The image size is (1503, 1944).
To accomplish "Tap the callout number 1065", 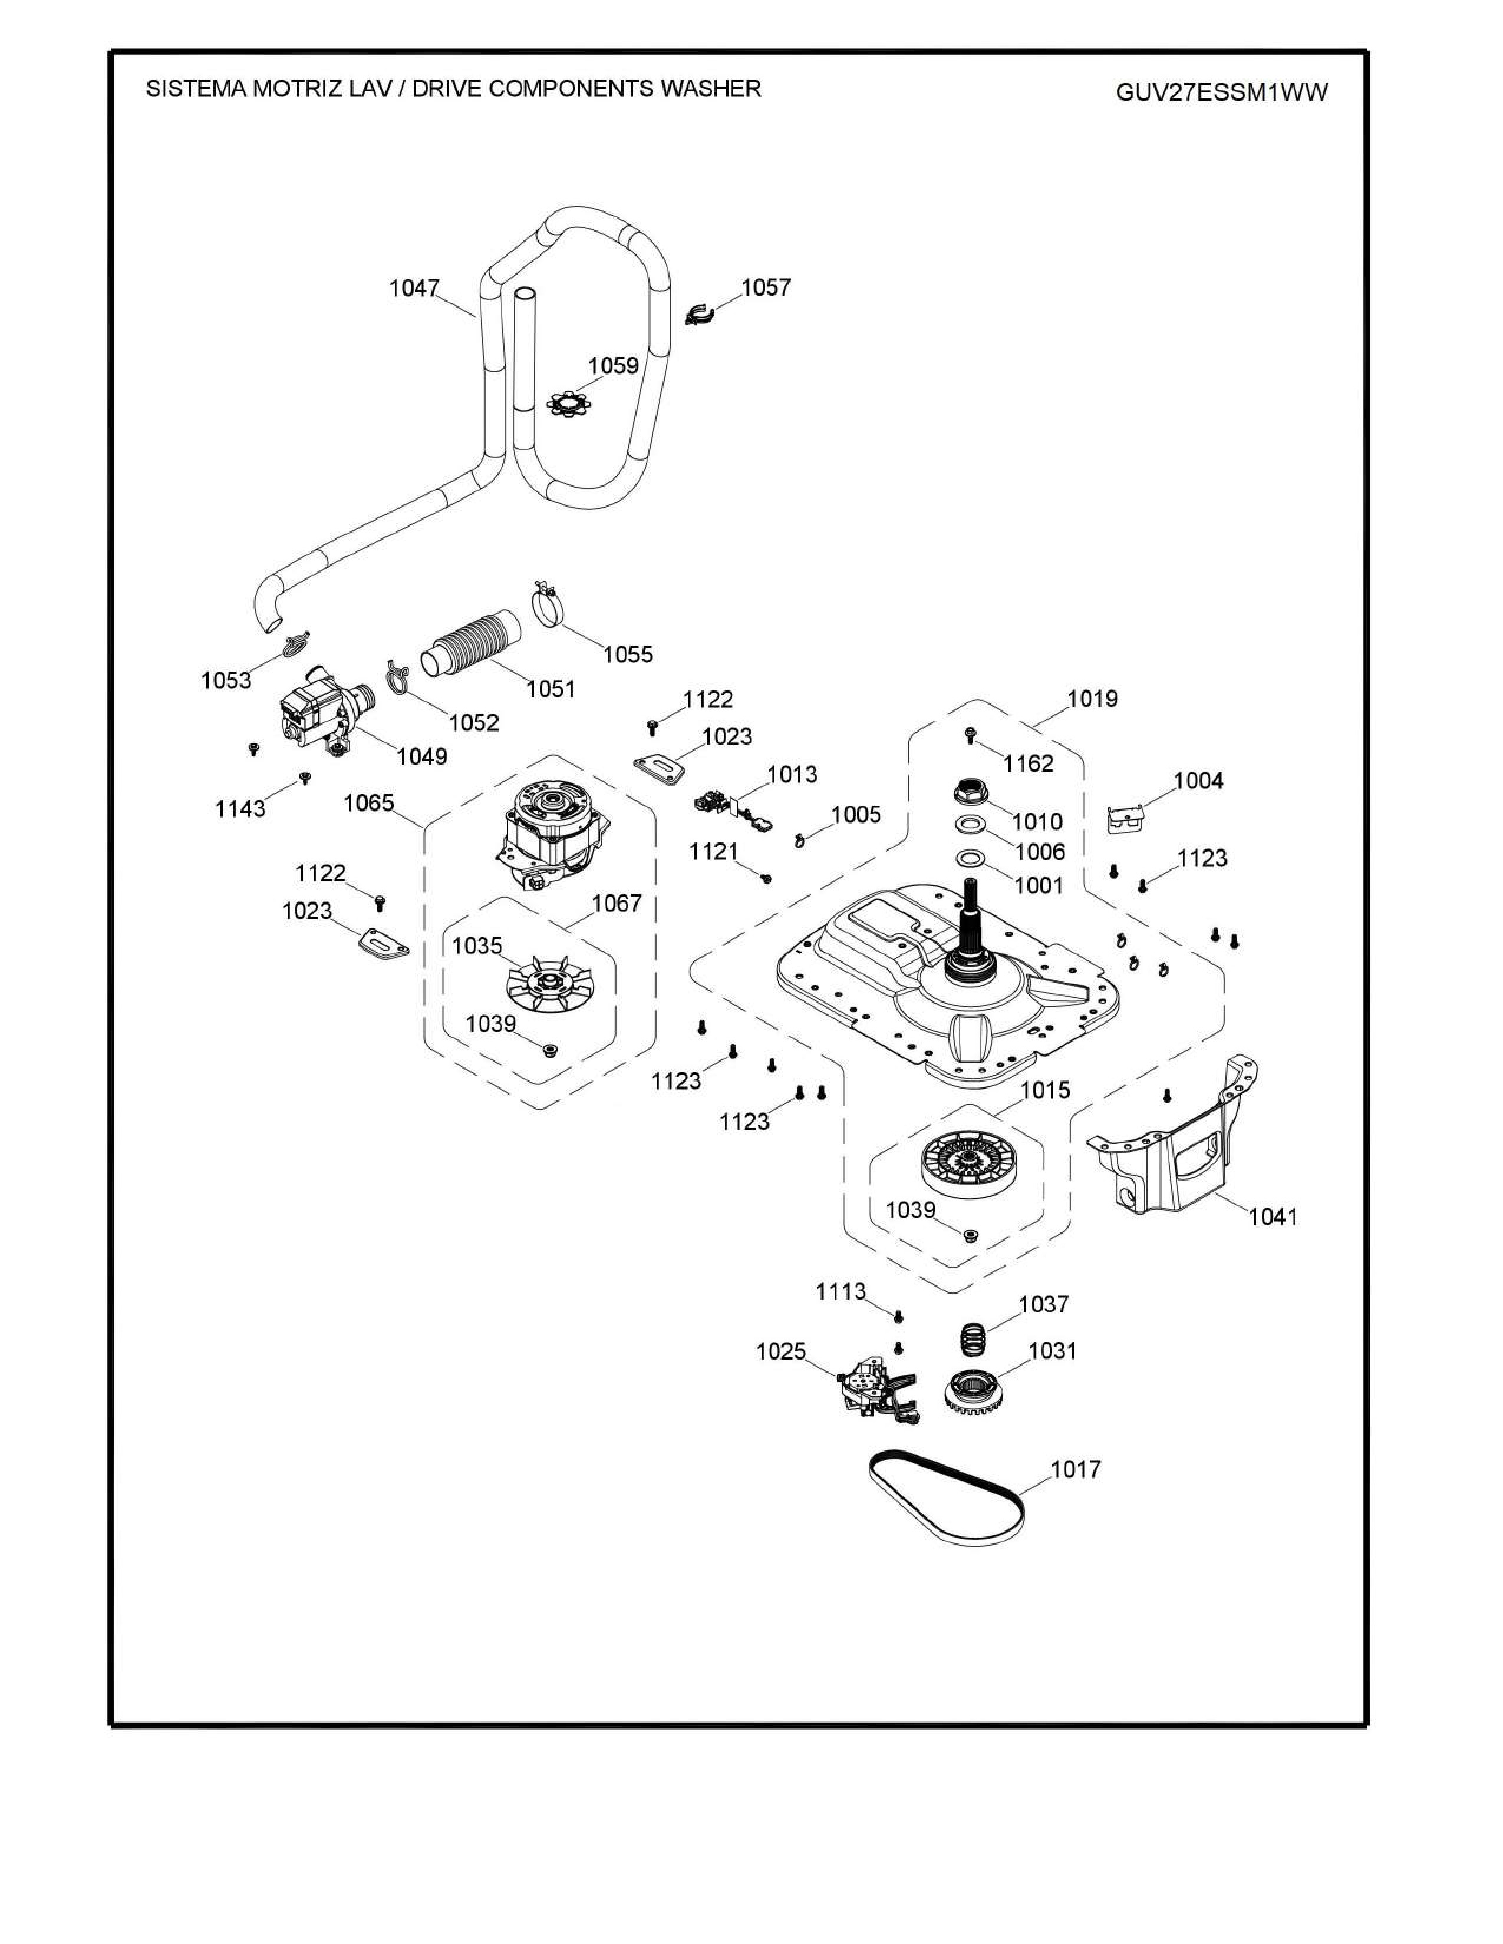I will point(368,803).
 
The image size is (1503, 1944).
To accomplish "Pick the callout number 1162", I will point(1029,763).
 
